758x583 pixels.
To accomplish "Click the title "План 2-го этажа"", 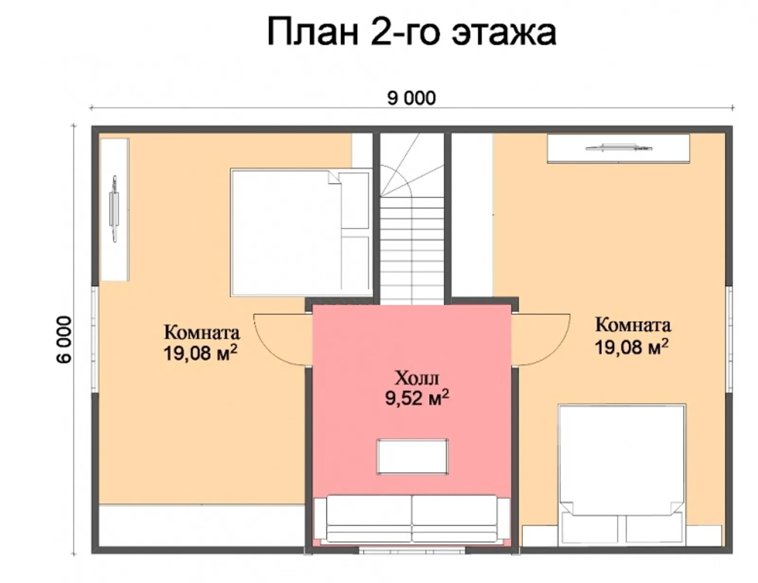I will (x=411, y=32).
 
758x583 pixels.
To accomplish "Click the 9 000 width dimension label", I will (x=411, y=98).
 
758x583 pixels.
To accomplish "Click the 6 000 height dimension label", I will (x=64, y=339).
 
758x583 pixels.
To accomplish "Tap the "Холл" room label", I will (x=416, y=378).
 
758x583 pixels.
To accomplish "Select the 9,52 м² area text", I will (x=416, y=398).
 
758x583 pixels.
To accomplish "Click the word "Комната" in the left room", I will (x=202, y=332).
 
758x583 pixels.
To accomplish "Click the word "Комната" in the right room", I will (x=632, y=325).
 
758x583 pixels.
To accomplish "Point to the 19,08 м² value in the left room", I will (x=200, y=353).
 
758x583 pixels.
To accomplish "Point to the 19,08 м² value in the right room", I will (x=631, y=347).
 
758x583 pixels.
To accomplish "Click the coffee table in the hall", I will (x=412, y=456).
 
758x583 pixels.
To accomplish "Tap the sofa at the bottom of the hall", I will (x=412, y=519).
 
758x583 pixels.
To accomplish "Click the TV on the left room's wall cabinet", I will (x=114, y=209).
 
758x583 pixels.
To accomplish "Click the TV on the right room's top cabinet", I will (x=618, y=148).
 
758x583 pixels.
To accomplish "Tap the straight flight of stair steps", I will (x=412, y=251).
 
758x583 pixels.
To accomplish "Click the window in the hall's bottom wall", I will (x=412, y=551).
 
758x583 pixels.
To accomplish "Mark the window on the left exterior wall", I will (x=94, y=339).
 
